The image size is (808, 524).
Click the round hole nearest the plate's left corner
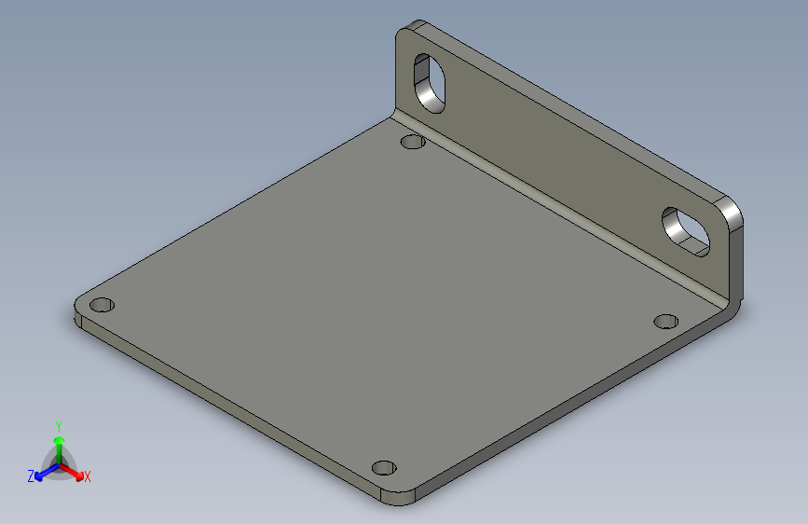point(103,305)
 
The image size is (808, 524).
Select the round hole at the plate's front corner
point(383,467)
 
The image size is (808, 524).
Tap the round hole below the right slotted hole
point(665,321)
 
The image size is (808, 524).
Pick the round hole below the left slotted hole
point(412,142)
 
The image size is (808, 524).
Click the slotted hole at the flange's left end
point(430,83)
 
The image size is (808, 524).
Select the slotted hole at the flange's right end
point(686,229)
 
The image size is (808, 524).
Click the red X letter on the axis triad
point(88,477)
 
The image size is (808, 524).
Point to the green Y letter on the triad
point(58,426)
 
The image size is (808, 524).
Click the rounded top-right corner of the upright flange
point(733,211)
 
